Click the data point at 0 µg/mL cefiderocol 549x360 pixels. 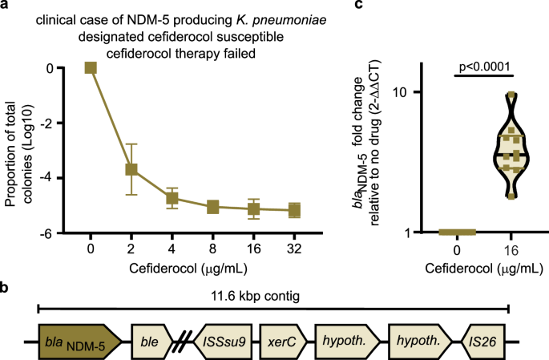click(x=91, y=68)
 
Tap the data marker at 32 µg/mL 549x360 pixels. click(x=294, y=211)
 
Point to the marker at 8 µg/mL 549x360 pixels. click(x=213, y=207)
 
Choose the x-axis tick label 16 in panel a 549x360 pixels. click(x=253, y=249)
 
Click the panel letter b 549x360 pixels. click(x=6, y=288)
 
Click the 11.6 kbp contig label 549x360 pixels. click(x=273, y=297)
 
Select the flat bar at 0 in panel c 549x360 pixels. click(x=458, y=233)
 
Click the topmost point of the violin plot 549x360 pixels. click(x=511, y=95)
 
